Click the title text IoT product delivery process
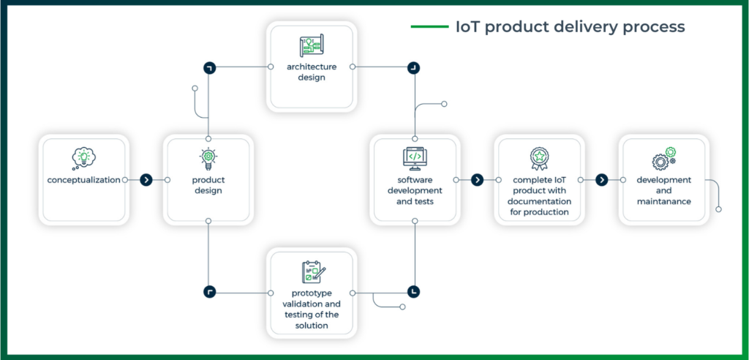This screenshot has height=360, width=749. point(570,26)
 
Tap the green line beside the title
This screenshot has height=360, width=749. point(429,27)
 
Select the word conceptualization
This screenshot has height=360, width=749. point(83,179)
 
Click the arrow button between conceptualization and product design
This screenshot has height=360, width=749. point(146,179)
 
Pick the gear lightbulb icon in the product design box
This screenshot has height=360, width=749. point(208,157)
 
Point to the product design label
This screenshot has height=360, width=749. point(208,185)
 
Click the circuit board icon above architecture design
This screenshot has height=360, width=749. point(312,46)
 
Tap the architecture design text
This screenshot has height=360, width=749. point(312,72)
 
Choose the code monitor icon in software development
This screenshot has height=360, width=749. point(415,157)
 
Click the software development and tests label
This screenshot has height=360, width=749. point(415,190)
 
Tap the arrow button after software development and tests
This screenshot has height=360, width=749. point(477,179)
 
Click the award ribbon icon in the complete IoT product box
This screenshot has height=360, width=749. point(540,157)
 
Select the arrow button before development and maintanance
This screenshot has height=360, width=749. point(602,179)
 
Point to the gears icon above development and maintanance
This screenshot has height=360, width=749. point(663,157)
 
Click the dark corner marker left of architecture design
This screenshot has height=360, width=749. point(209,67)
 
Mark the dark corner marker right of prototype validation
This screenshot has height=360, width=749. point(415,291)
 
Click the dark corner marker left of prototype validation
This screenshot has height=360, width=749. point(209,291)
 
